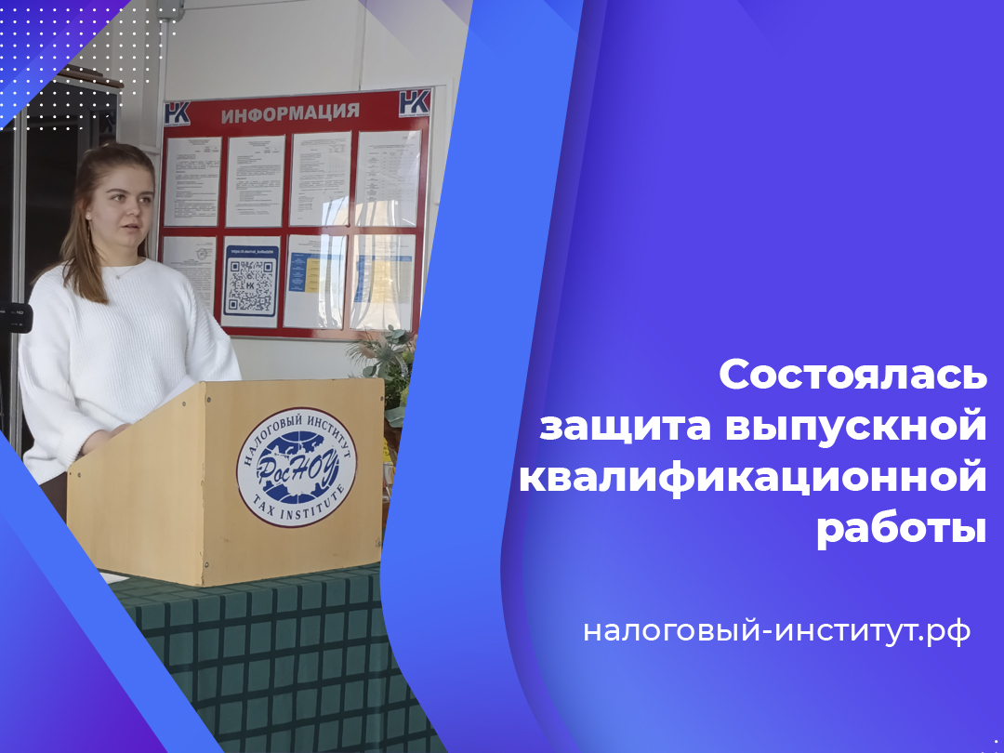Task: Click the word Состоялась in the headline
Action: (852, 375)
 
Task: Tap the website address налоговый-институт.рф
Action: (776, 631)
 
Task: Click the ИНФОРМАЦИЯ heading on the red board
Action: (290, 112)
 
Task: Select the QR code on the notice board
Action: (251, 284)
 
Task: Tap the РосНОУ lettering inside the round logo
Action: (296, 464)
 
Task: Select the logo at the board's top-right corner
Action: (415, 102)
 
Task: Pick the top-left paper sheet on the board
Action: (192, 180)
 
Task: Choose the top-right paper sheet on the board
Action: (390, 177)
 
